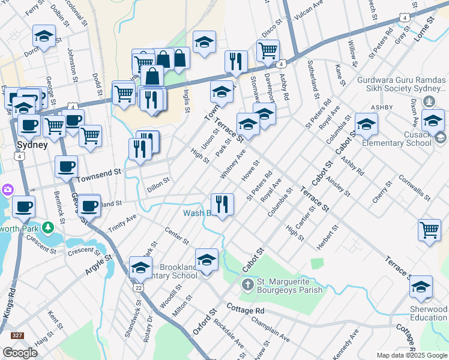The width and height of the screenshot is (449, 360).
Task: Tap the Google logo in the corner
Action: coord(20,353)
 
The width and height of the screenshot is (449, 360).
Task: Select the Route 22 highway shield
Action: coord(139,288)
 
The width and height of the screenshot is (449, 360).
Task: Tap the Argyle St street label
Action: coord(98,265)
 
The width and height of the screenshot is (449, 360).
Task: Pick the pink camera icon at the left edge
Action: coord(8,190)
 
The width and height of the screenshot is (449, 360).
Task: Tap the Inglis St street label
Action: coord(187,101)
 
